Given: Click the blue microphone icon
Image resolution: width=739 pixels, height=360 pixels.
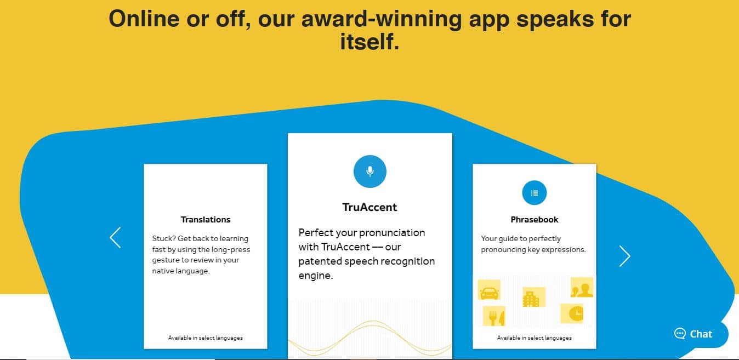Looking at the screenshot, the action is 370,172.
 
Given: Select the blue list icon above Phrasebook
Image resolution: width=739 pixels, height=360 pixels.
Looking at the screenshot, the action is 534,193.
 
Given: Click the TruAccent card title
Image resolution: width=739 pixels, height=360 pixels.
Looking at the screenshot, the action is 369,207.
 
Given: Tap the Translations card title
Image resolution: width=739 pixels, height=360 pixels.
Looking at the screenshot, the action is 206,220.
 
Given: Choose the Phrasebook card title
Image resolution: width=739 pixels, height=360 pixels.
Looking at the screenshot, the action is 535,220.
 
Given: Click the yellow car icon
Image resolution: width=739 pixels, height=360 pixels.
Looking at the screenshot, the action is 489,290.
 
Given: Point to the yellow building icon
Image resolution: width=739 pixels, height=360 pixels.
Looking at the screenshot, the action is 534,296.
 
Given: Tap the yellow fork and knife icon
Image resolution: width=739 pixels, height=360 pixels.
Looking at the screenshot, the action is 494,316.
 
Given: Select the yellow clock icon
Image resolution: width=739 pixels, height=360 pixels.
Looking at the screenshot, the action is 572,313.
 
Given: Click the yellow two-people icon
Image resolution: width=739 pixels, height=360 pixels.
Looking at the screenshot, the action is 582,287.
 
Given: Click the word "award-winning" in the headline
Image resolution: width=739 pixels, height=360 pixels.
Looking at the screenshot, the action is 382,19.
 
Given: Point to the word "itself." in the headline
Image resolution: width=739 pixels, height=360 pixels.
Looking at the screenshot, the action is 370,42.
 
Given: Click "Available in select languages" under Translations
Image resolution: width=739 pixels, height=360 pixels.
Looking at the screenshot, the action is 206,338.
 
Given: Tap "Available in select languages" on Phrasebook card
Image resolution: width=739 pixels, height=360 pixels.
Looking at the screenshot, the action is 535,338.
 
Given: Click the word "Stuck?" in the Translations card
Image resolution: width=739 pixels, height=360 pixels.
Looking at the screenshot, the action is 163,238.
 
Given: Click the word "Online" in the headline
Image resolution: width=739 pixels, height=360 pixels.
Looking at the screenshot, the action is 144,19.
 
